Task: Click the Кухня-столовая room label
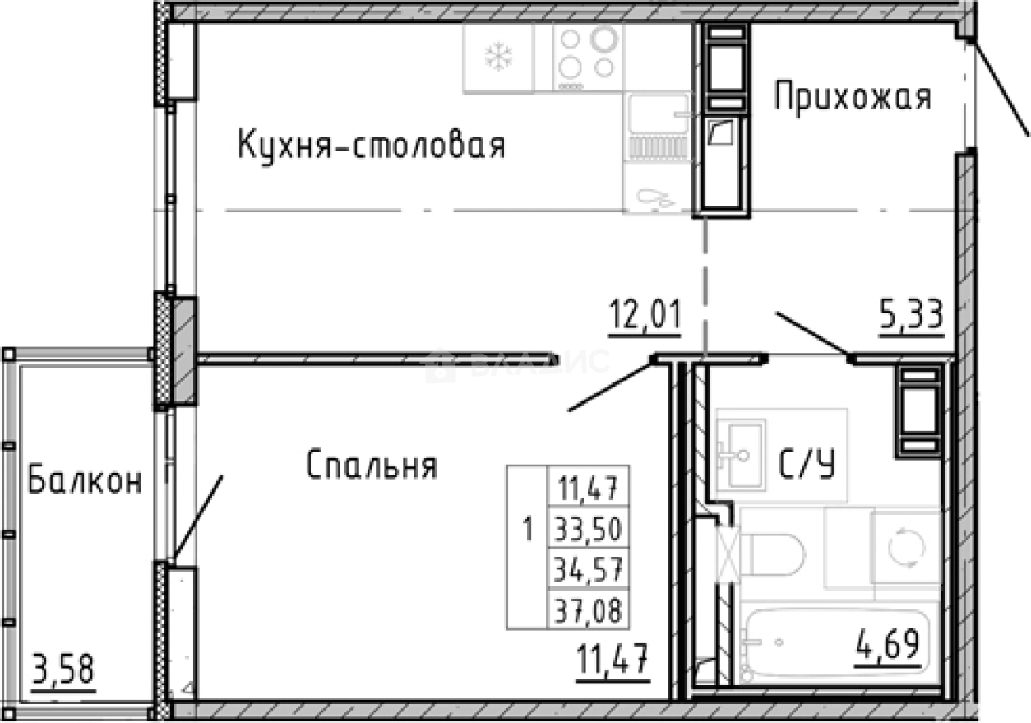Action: pyautogui.click(x=371, y=146)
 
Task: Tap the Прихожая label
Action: pyautogui.click(x=853, y=98)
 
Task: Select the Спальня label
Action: pyautogui.click(x=372, y=466)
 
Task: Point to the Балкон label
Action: pyautogui.click(x=85, y=481)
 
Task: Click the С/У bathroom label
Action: pyautogui.click(x=807, y=466)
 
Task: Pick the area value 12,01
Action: pyautogui.click(x=645, y=315)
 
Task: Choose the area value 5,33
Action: pyautogui.click(x=910, y=315)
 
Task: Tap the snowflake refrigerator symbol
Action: pyautogui.click(x=498, y=57)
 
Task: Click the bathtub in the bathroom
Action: pyautogui.click(x=839, y=642)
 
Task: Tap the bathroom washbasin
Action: pyautogui.click(x=741, y=449)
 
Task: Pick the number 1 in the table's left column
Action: pyautogui.click(x=527, y=528)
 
